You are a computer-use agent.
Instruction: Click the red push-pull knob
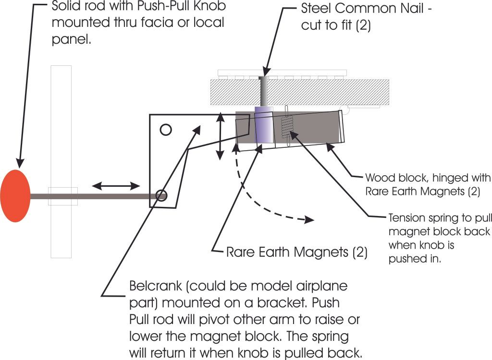(x=15, y=196)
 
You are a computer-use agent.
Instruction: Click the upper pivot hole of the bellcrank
(x=165, y=129)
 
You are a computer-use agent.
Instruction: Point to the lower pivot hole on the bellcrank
(x=161, y=196)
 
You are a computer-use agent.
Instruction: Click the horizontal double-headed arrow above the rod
(x=116, y=185)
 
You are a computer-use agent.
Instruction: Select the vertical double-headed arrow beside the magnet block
(x=220, y=135)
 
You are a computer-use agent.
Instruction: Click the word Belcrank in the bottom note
(x=153, y=287)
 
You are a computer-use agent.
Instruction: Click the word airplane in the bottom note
(x=322, y=287)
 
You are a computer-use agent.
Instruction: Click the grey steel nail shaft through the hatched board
(x=263, y=91)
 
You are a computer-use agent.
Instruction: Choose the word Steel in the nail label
(x=317, y=9)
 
